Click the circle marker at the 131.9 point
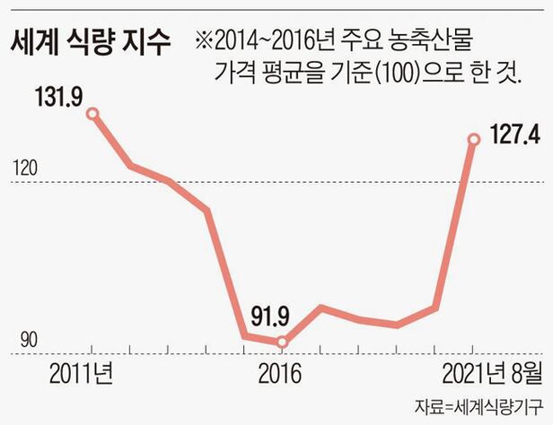[92, 113]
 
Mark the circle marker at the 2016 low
[282, 342]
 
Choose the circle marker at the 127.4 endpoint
[474, 138]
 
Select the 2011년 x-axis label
[82, 371]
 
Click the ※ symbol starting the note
[203, 40]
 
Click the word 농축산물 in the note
[439, 40]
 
